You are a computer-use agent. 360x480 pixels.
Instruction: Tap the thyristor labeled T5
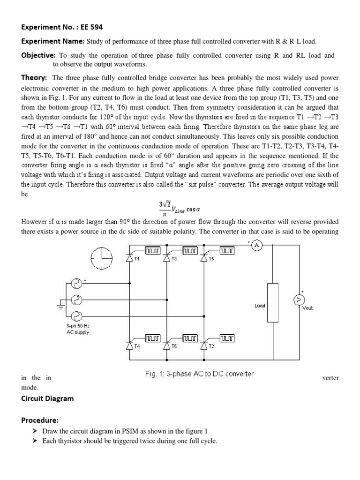(x=203, y=257)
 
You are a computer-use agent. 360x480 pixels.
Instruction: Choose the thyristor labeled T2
(x=203, y=345)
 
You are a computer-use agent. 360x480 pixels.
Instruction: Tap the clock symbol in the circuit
(x=103, y=258)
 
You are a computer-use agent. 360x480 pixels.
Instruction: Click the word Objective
(x=38, y=55)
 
